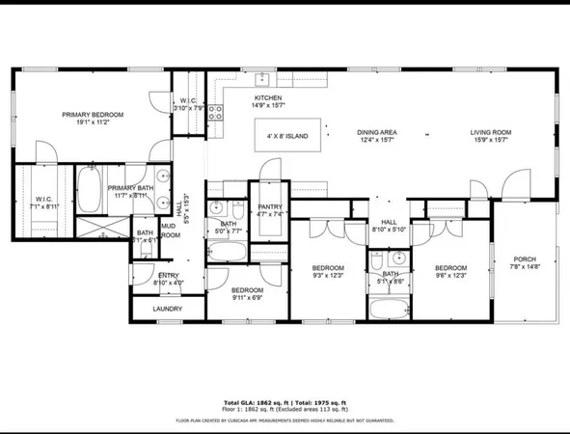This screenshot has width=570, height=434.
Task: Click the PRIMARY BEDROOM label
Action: pos(93,119)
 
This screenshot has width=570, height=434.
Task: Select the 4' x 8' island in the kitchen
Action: pos(287,136)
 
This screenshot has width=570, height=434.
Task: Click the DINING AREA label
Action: pos(377,136)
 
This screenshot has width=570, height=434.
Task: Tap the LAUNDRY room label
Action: pos(168,310)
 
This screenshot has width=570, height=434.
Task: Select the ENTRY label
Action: pos(168,279)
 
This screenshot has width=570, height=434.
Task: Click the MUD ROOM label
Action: pos(170,231)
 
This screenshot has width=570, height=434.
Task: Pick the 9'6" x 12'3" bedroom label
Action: pos(450,272)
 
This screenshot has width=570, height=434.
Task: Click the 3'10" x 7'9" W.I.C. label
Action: pos(188,104)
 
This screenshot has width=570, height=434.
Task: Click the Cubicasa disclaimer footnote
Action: pos(285,420)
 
